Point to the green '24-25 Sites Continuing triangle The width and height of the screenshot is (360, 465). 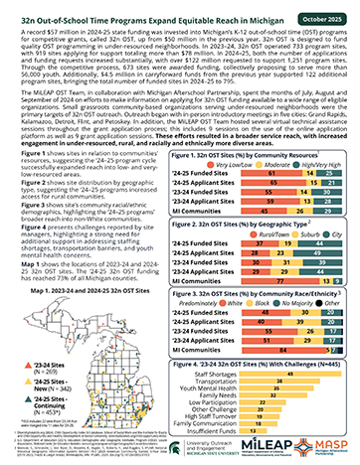tap(14, 428)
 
